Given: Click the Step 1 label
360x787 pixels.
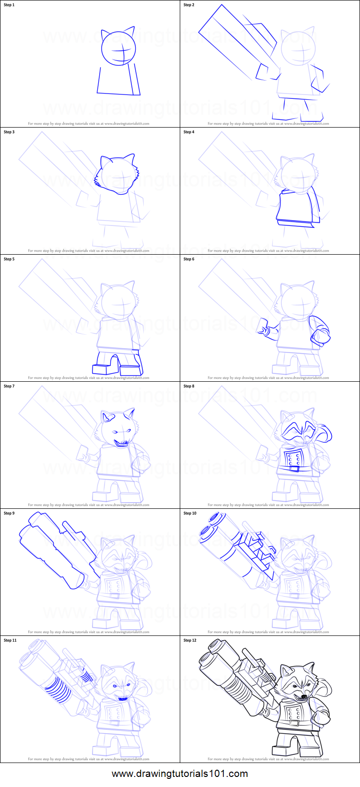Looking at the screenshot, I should (10, 5).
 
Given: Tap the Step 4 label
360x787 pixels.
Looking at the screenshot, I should (189, 132).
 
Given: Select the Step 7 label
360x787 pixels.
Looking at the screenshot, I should (10, 386).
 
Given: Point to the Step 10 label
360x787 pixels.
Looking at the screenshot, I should (190, 513).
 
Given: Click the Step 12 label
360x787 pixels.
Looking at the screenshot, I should (190, 640).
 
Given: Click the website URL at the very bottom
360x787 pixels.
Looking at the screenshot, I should (180, 774).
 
